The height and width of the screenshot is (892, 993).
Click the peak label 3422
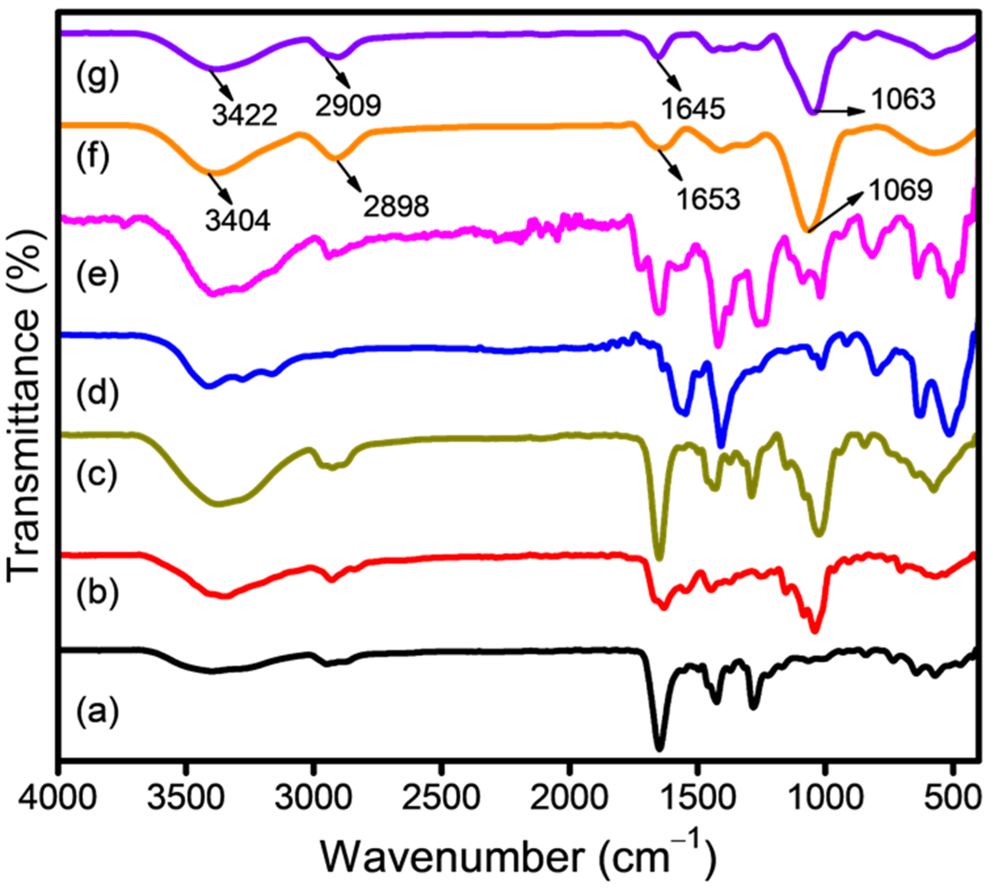click(245, 115)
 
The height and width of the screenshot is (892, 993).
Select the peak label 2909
click(348, 104)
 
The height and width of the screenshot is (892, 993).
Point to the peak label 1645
click(693, 109)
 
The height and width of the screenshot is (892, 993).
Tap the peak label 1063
click(903, 100)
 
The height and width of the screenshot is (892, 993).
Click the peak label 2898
click(396, 206)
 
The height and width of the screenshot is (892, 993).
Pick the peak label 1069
click(900, 190)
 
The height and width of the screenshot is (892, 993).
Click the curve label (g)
click(97, 77)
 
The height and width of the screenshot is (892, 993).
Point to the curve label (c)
click(97, 474)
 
